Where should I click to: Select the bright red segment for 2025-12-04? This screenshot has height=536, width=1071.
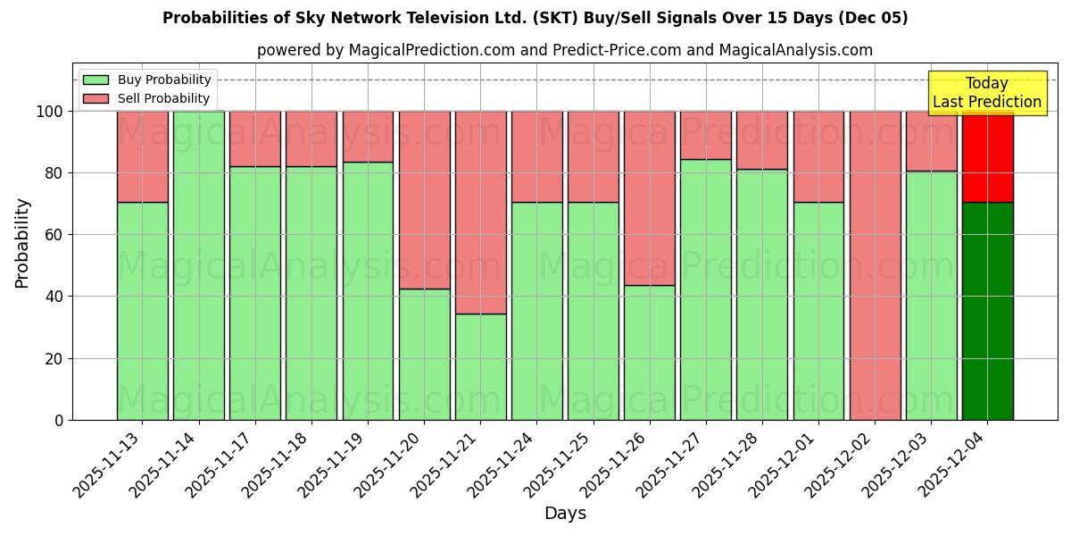[x=987, y=156]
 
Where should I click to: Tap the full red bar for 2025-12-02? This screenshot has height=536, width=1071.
[x=875, y=265]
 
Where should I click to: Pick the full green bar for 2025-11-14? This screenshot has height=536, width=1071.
[x=198, y=265]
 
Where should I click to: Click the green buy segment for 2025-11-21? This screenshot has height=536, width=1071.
[x=480, y=366]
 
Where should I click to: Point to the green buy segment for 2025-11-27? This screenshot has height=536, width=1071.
[x=705, y=289]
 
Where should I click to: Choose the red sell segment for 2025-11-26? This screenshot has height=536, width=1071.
[x=649, y=197]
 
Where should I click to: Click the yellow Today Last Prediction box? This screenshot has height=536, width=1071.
[x=986, y=93]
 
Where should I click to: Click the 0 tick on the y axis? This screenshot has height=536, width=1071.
[x=59, y=420]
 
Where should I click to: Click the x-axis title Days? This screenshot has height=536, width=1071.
[x=565, y=513]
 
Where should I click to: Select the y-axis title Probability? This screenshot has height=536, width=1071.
[x=22, y=243]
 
